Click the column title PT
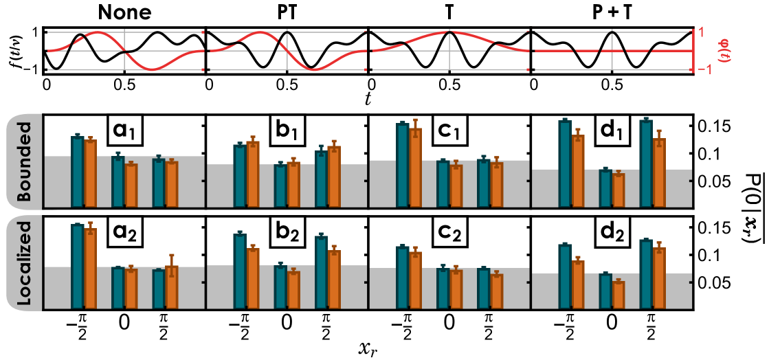coord(287,12)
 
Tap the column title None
coord(124,12)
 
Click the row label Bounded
coord(25,162)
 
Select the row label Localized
coord(25,263)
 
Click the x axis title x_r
coord(368,348)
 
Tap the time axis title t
coord(368,100)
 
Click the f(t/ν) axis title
coord(15,51)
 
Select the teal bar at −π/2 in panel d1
coord(565,164)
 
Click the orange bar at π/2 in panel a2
coord(171,287)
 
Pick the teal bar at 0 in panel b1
coord(280,185)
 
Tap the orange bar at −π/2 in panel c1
coord(414,167)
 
